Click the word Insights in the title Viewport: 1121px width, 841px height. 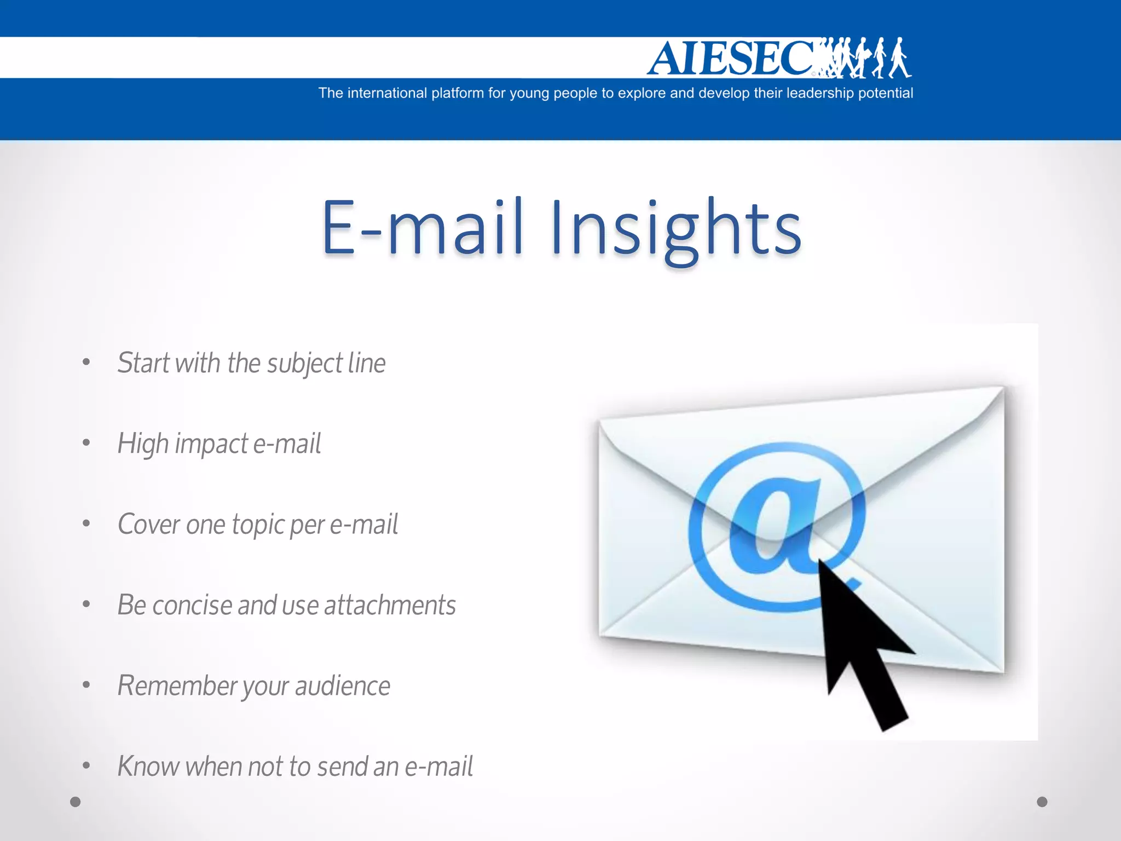[x=675, y=229]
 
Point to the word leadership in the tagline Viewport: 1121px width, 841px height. [x=820, y=93]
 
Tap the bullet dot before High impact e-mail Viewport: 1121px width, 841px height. [x=86, y=442]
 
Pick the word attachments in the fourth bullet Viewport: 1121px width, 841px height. [x=390, y=606]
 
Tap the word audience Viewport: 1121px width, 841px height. [x=343, y=686]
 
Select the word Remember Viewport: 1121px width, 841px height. [x=176, y=686]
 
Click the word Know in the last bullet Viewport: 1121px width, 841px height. [x=147, y=767]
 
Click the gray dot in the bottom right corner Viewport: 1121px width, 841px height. [x=1042, y=802]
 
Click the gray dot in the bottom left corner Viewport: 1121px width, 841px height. [x=76, y=802]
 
